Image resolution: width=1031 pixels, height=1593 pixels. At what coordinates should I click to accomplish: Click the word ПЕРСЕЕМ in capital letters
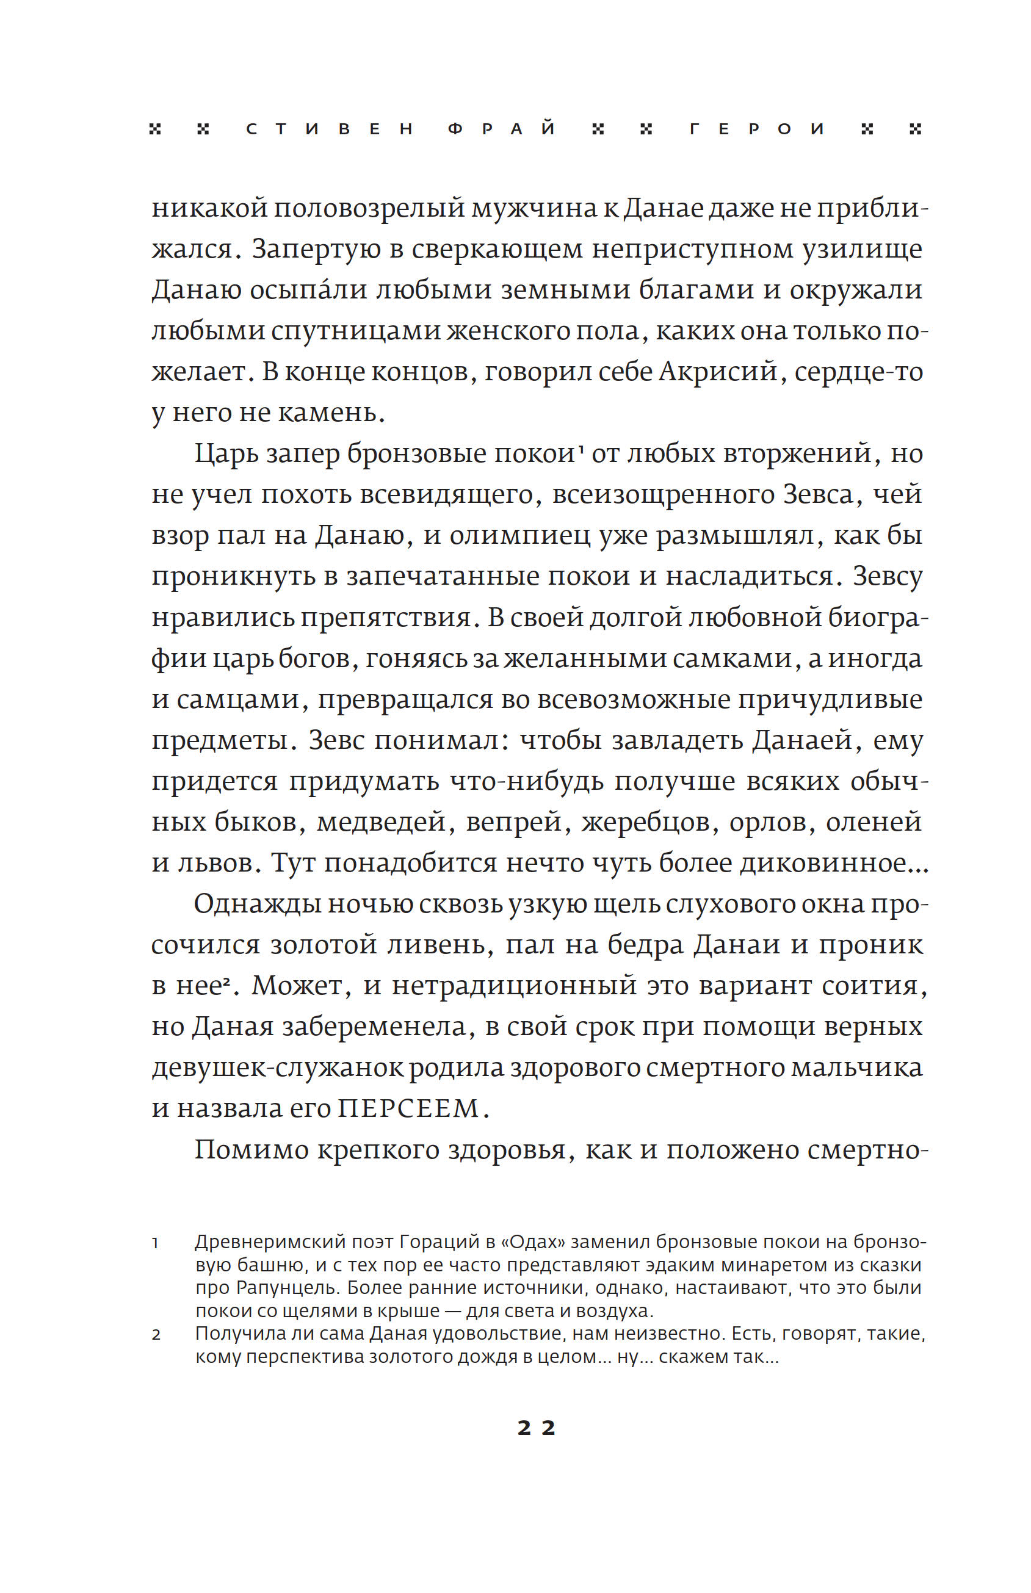[408, 1109]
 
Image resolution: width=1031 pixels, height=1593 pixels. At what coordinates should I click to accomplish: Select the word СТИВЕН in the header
[330, 129]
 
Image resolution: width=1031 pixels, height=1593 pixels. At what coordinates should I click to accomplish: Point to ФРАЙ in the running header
[501, 129]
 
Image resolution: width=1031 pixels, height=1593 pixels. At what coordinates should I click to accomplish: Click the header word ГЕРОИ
[756, 129]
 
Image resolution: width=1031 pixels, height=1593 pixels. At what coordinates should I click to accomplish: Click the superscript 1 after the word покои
[581, 449]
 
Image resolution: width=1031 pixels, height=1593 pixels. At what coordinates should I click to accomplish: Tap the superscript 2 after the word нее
[227, 979]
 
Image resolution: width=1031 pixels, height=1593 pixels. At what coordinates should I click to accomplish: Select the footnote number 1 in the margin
[155, 1244]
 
